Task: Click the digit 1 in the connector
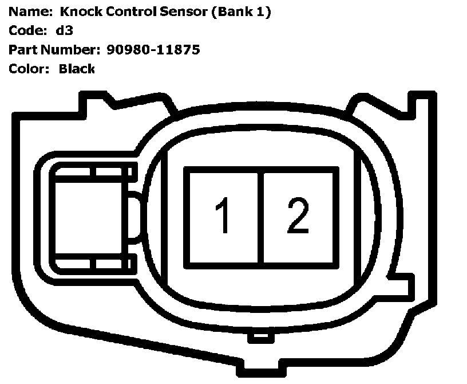223,216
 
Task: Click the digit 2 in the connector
298,216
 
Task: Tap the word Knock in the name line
73,12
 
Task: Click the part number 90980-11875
153,50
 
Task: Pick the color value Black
77,69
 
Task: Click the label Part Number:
55,50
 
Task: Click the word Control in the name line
124,12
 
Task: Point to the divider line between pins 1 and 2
261,218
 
